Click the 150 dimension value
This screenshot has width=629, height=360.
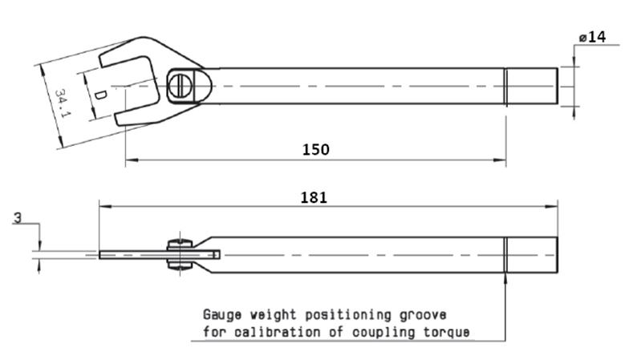(315, 149)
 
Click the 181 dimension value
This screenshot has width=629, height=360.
(314, 197)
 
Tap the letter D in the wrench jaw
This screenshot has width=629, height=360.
(100, 95)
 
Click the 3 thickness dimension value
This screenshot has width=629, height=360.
(16, 217)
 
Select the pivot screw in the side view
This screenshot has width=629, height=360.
(177, 255)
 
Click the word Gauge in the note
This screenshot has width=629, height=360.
(221, 314)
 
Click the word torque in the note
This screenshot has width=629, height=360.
(447, 331)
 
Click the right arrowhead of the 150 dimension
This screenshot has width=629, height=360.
(501, 160)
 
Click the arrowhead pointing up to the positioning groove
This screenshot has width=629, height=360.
(505, 277)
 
